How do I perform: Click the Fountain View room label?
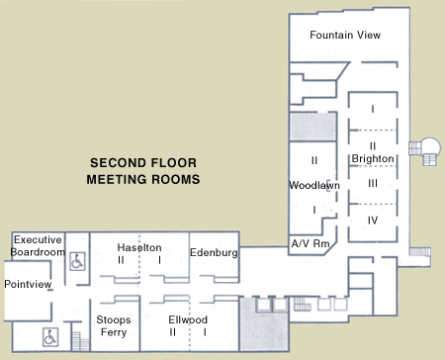[x=345, y=35]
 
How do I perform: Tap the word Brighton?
[x=373, y=158]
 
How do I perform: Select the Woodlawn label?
[x=313, y=185]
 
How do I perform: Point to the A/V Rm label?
[x=309, y=243]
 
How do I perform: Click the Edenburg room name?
[x=215, y=253]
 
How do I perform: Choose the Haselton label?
[x=139, y=246]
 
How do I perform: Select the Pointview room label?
[x=27, y=284]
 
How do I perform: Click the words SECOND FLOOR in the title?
[x=143, y=164]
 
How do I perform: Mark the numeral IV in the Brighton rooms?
[x=373, y=219]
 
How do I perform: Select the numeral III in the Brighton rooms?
[x=373, y=183]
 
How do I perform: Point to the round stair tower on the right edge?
[x=430, y=148]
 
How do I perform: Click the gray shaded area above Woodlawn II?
[x=313, y=127]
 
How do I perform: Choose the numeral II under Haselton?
[x=121, y=259]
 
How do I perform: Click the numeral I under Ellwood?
[x=206, y=332]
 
